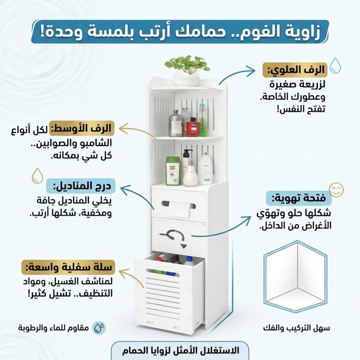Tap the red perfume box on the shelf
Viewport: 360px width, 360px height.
(193, 127)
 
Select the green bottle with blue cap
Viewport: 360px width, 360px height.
(202, 120)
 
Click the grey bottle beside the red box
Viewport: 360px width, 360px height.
(176, 123)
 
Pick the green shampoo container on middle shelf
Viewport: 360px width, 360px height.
(173, 171)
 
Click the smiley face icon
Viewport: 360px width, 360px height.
(336, 190)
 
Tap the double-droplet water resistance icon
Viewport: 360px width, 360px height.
(99, 328)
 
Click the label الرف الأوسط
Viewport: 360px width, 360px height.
(82, 128)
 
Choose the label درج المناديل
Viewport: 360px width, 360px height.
(81, 186)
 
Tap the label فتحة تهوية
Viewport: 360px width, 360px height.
(299, 198)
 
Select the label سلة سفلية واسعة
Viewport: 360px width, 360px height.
(68, 267)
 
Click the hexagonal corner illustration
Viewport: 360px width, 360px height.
(296, 276)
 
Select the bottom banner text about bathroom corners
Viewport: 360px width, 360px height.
(180, 351)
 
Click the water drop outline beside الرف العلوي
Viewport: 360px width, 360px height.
(335, 66)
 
